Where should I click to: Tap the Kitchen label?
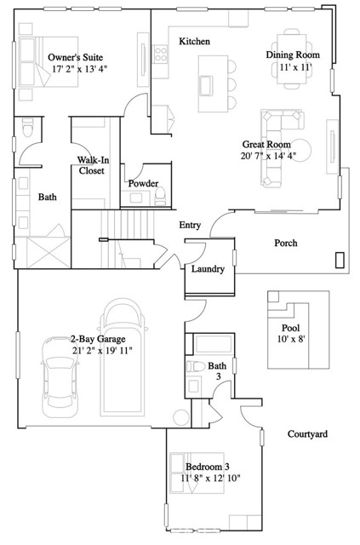194,42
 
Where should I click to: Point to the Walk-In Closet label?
92,165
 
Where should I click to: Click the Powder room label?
143,184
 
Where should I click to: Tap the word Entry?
190,226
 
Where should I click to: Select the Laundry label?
208,269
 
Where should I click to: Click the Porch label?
285,244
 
